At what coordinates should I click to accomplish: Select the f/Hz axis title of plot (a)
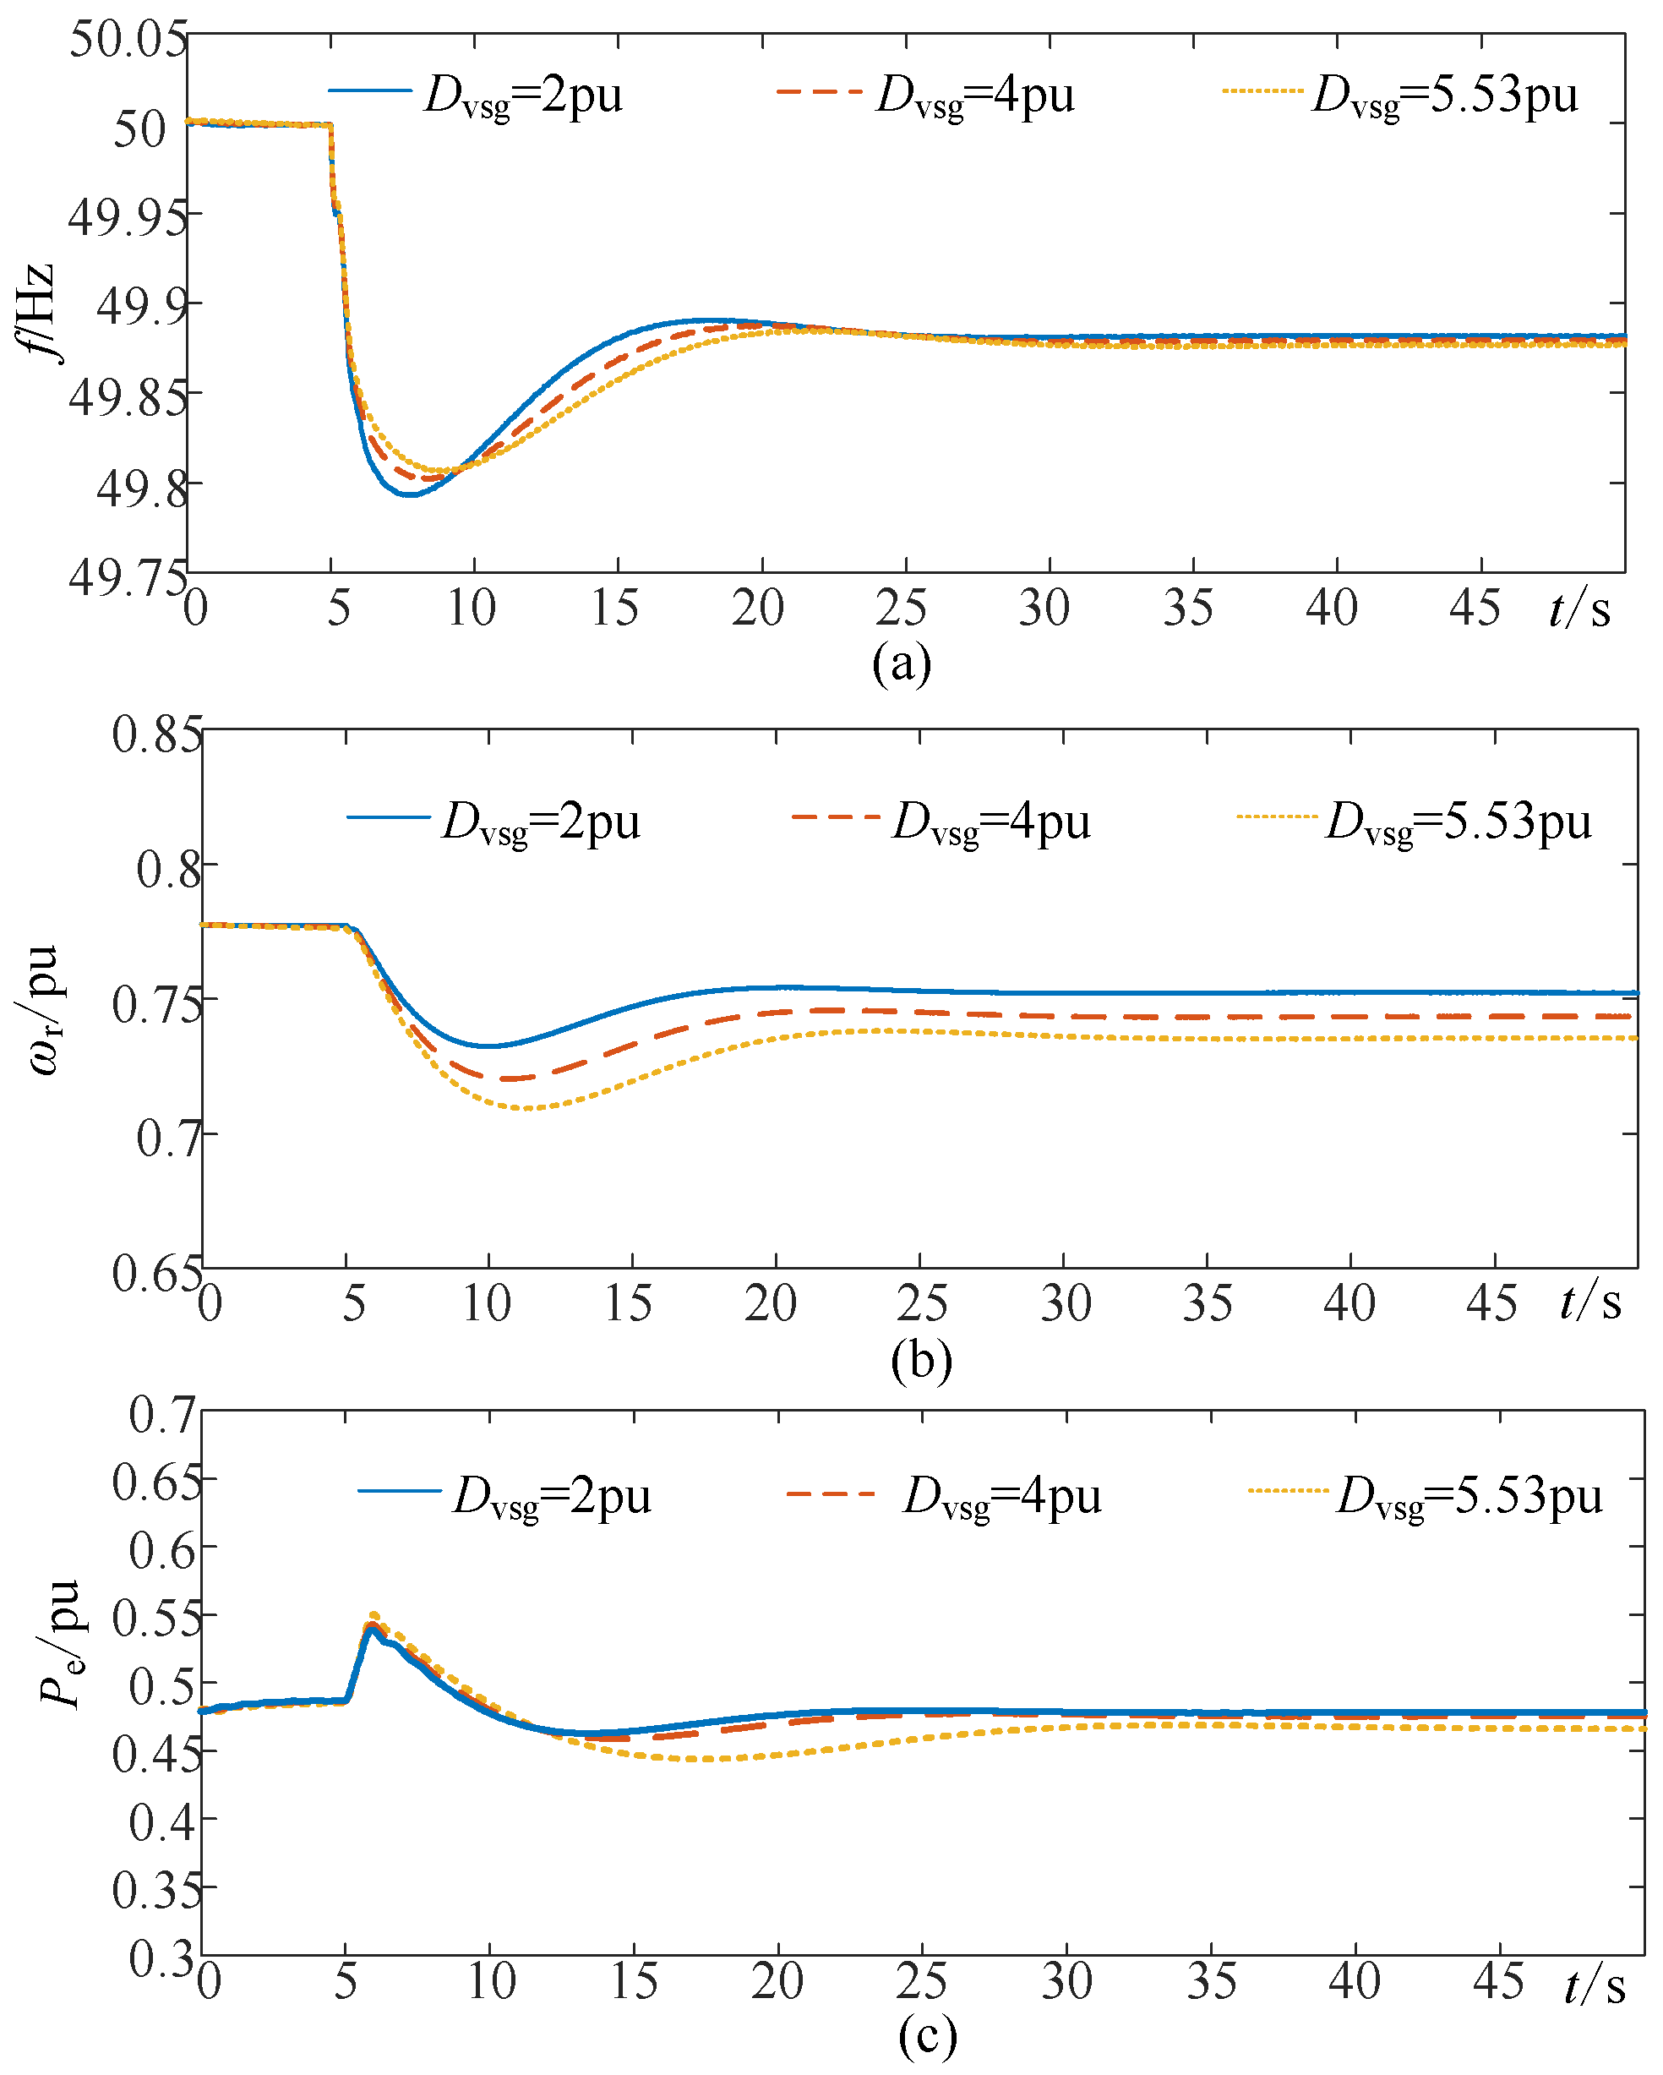click(x=36, y=313)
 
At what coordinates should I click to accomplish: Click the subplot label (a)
click(x=901, y=663)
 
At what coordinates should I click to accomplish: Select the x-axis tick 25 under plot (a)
click(x=901, y=609)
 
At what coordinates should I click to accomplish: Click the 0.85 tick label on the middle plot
click(x=157, y=735)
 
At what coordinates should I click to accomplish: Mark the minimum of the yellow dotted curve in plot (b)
click(x=526, y=1109)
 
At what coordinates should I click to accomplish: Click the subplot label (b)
click(x=921, y=1360)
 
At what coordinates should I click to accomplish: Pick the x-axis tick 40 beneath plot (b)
click(x=1349, y=1304)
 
